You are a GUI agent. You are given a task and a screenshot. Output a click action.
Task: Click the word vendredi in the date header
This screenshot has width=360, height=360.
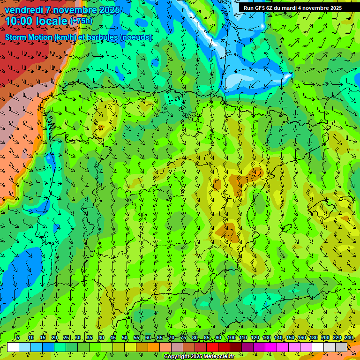[x=23, y=10]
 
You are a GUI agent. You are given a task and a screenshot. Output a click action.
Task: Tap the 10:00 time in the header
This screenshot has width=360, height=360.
[x=22, y=21]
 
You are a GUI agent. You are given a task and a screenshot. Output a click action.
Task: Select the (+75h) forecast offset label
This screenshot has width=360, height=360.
[x=81, y=21]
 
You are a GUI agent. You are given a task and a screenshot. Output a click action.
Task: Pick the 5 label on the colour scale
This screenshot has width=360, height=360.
[x=18, y=337]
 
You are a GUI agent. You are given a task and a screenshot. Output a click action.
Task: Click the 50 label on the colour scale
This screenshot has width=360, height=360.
[x=125, y=337]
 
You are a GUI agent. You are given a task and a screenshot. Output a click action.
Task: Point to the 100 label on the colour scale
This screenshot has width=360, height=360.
[x=231, y=337]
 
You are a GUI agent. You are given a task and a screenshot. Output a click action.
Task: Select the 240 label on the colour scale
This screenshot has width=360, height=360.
[x=348, y=337]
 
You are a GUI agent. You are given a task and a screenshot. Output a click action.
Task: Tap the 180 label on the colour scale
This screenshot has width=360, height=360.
[x=313, y=337]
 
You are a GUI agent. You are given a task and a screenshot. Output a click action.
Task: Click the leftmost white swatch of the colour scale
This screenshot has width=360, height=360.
[x=13, y=347]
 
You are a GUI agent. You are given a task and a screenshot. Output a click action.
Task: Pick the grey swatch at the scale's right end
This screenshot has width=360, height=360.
[x=341, y=347]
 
